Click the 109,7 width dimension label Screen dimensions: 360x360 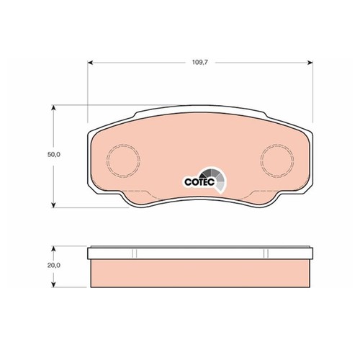(x=200, y=63)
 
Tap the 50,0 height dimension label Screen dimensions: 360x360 (x=54, y=155)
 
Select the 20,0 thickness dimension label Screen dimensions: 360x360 (x=54, y=265)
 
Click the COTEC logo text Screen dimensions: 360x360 (x=199, y=182)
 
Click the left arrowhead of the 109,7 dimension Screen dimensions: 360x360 (x=90, y=63)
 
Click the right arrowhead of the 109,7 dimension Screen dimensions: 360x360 (x=310, y=63)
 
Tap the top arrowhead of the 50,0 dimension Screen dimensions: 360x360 (x=54, y=108)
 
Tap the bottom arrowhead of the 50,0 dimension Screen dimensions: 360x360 (x=54, y=204)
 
